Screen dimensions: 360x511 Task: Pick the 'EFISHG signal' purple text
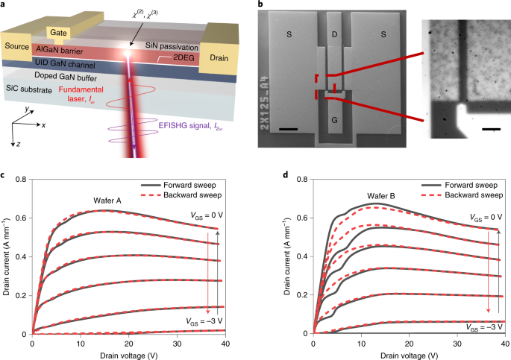point(186,124)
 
